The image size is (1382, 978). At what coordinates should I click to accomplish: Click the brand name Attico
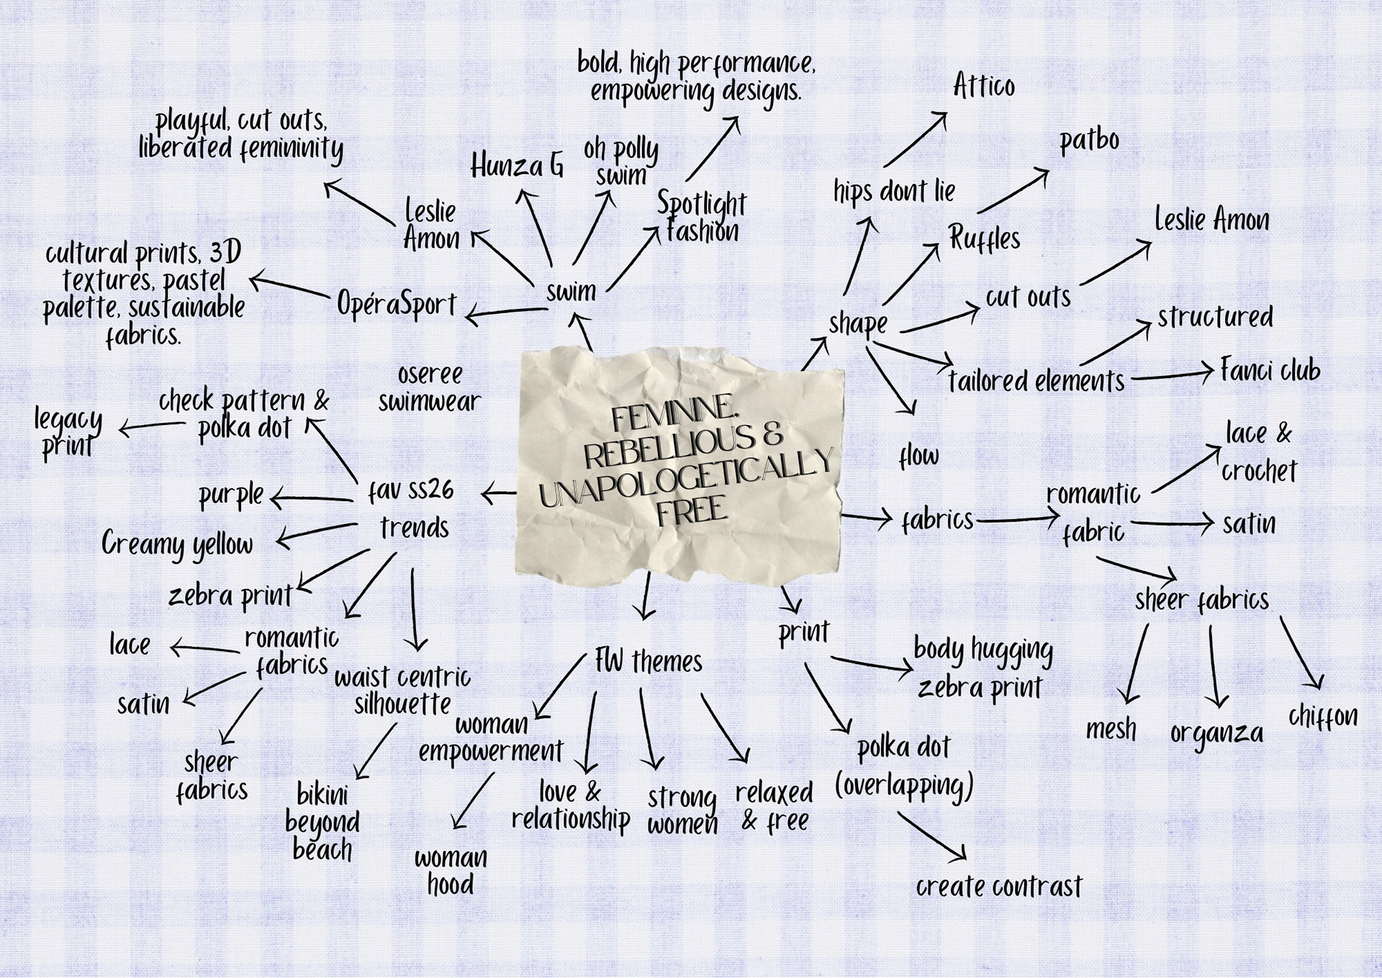(983, 86)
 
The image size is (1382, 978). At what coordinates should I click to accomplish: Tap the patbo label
(1089, 140)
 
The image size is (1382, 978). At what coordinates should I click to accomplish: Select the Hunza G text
(517, 166)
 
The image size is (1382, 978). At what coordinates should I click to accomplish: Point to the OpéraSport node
(397, 305)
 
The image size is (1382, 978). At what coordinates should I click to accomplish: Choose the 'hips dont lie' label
(894, 192)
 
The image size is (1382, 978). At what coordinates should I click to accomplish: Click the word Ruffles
(984, 238)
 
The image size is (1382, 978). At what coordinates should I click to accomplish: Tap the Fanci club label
(1270, 370)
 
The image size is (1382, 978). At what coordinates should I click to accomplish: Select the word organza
(1216, 733)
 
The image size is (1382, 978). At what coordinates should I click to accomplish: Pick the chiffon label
(1323, 716)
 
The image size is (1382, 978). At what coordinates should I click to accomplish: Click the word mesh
(1111, 730)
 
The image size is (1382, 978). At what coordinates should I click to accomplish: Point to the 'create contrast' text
(998, 887)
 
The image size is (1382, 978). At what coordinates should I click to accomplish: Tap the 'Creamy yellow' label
(177, 544)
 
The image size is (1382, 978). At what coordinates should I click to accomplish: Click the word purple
(231, 495)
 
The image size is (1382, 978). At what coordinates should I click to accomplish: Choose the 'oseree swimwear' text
(430, 388)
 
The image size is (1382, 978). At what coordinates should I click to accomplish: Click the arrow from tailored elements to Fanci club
(1171, 374)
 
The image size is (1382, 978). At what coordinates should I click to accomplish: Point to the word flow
(919, 456)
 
